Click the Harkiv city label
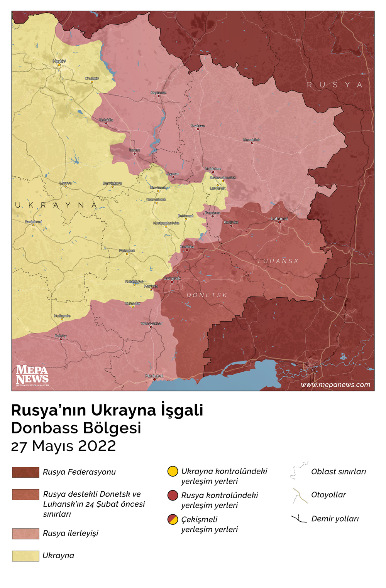59,61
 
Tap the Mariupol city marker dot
154,379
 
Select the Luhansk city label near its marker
279,219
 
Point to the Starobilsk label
252,140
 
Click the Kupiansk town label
159,93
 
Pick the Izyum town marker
134,153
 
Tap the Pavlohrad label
33,222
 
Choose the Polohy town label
61,336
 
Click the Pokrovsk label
127,251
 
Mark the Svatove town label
198,126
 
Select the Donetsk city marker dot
172,282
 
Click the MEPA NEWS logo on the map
32,375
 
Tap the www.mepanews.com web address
335,384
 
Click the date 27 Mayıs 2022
63,446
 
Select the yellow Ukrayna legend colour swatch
25,556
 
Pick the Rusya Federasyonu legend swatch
25,472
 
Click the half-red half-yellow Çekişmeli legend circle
173,519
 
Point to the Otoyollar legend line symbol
300,495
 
